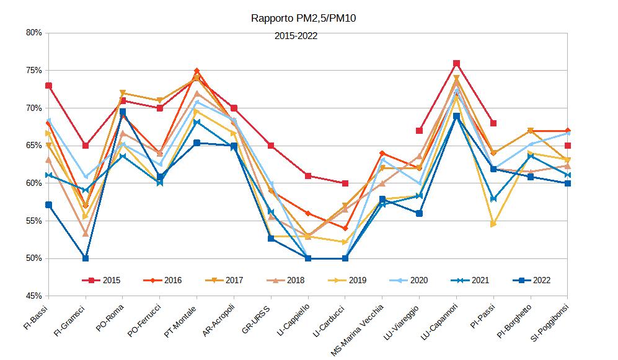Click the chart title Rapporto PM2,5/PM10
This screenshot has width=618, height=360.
tap(303, 18)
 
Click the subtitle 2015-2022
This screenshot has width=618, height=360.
tap(296, 36)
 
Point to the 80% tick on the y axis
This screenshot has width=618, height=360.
tap(33, 33)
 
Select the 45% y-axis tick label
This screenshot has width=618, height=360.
tap(33, 296)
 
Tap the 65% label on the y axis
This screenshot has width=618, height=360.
tap(33, 146)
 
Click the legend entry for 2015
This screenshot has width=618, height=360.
tap(102, 280)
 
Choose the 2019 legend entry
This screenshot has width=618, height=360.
tap(347, 280)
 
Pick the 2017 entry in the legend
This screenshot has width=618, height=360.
tap(224, 280)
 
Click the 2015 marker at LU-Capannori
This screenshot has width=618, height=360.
tap(456, 63)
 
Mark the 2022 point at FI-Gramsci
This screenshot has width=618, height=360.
tap(86, 258)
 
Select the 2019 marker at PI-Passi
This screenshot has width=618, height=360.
tap(493, 224)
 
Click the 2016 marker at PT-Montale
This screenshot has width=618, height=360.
tap(196, 71)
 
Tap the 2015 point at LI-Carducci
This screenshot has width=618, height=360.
tap(345, 183)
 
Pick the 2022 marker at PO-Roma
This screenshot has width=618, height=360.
tap(123, 112)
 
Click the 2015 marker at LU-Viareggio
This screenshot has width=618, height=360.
tap(419, 131)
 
